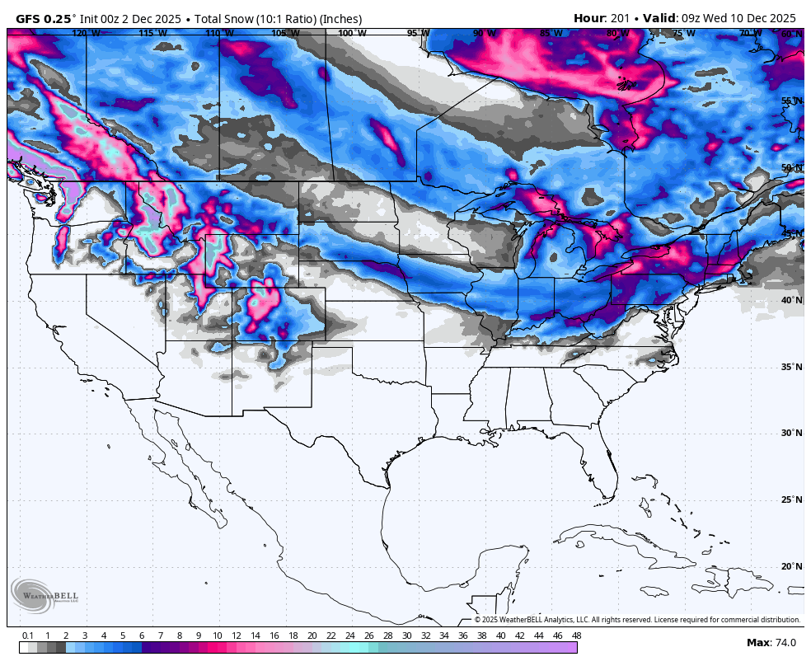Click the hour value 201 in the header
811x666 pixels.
tap(619, 18)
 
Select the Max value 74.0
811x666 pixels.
tap(783, 642)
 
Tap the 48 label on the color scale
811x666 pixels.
tap(576, 636)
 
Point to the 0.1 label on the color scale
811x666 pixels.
tap(27, 636)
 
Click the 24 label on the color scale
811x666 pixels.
tap(350, 636)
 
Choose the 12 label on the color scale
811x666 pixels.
tap(237, 636)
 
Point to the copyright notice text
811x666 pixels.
tap(636, 620)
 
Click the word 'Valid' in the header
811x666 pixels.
tap(659, 18)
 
